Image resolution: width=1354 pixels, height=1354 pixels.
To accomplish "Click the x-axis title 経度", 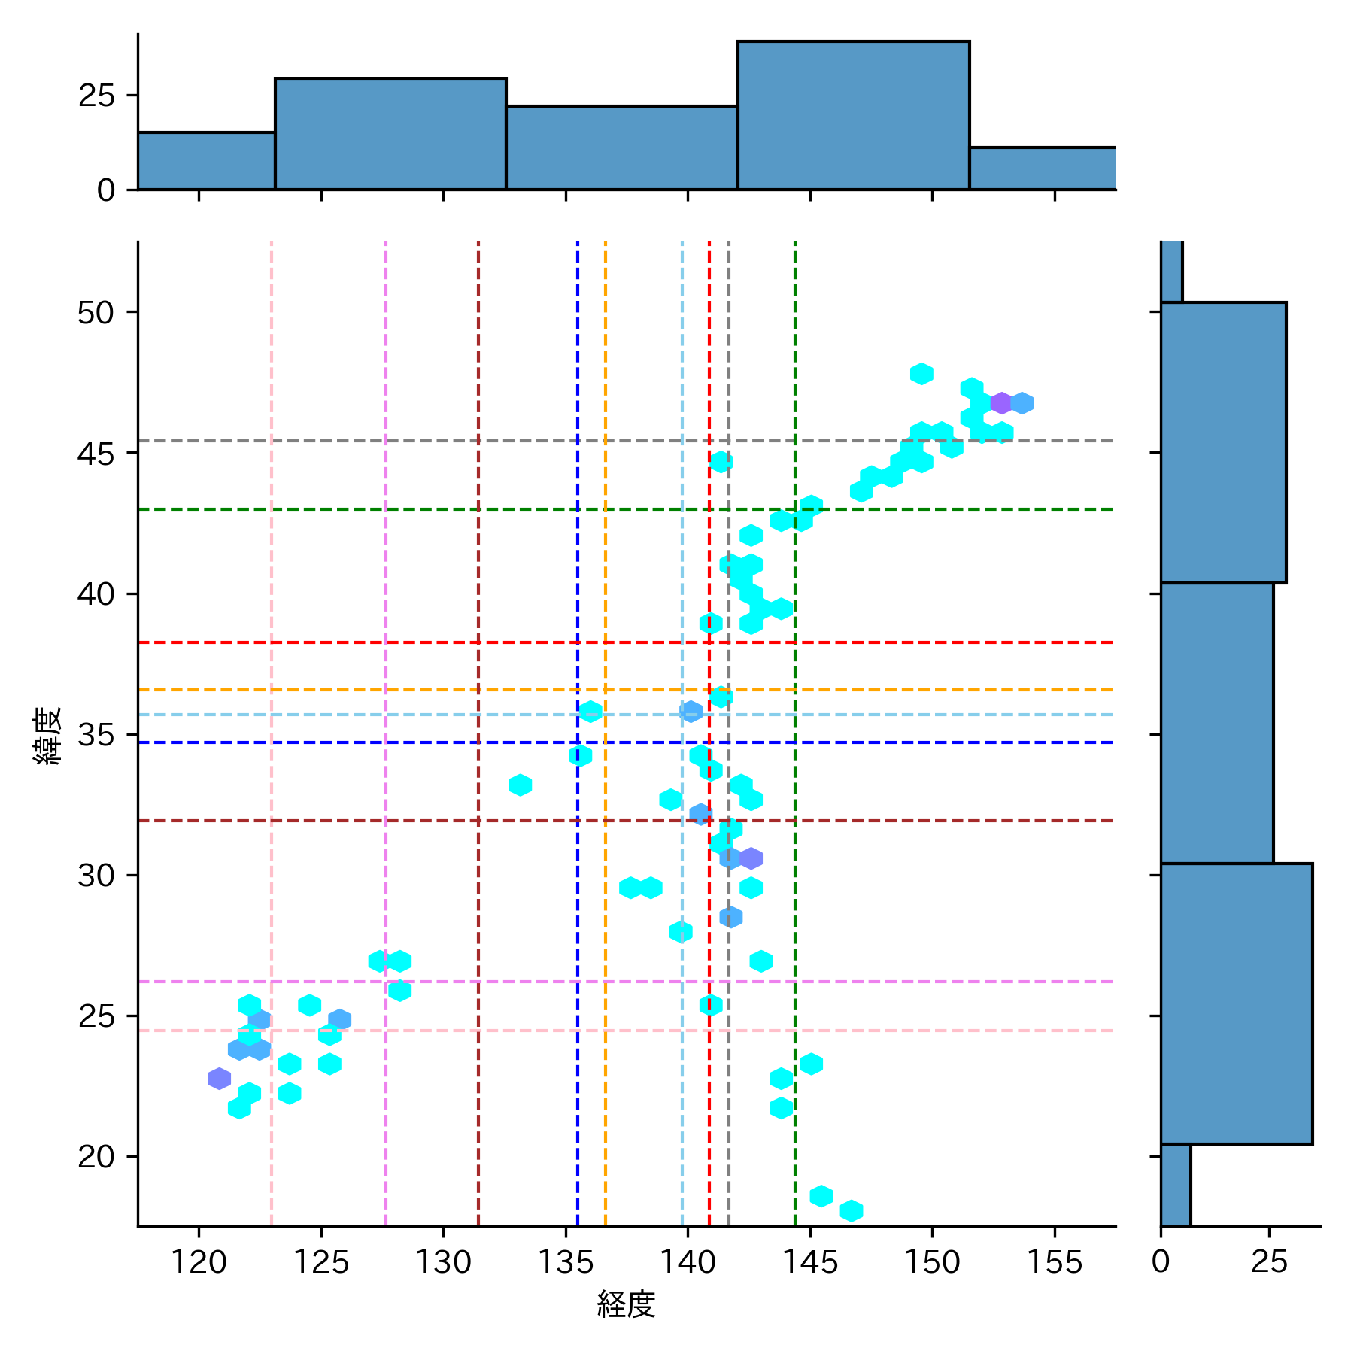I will coord(626,1304).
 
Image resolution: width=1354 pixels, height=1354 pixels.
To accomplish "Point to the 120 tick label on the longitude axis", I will coord(199,1261).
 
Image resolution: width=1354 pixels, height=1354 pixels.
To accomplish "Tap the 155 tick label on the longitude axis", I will coord(1054,1261).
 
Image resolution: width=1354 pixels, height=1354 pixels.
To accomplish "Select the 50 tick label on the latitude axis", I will coord(96,313).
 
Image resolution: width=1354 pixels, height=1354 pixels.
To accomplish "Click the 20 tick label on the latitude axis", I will coord(96,1157).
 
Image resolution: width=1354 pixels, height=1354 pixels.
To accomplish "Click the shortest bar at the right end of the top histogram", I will coord(1042,168).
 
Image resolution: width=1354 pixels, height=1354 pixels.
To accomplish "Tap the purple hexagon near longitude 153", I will coord(1001,403).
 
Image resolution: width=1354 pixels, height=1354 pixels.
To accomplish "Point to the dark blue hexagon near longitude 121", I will coord(219,1078).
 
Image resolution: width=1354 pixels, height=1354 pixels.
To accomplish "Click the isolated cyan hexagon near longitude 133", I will coord(521,785).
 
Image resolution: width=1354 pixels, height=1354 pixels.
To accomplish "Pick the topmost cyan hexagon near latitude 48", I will coord(921,373).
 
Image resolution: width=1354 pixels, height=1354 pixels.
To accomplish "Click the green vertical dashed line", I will coord(795,940).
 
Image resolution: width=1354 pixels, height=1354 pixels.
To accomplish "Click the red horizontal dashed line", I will coord(451,642).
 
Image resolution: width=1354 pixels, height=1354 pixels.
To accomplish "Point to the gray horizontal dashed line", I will coord(451,441).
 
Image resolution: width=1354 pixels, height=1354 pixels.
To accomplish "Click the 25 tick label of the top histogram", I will coord(96,96).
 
